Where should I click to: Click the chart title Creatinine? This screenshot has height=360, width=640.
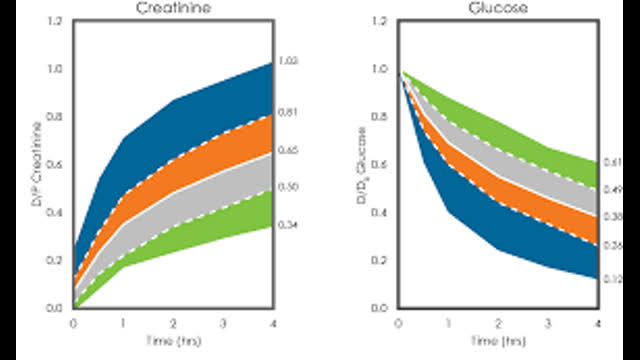(x=173, y=8)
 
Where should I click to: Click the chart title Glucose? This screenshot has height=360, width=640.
(x=498, y=8)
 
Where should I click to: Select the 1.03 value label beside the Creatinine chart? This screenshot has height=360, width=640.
(x=287, y=62)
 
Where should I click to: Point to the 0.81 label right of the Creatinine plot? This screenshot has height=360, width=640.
(x=287, y=114)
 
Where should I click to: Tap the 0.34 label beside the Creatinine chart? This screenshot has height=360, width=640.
(x=287, y=226)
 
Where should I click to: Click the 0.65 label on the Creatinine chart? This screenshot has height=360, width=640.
(x=287, y=151)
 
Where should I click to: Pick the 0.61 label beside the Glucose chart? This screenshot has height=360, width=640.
(x=612, y=162)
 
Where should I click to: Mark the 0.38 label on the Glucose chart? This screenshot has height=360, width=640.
(x=612, y=216)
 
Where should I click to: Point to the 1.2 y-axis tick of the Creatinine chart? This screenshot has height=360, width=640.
(x=52, y=21)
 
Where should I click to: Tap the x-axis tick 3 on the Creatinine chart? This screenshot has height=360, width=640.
(x=223, y=323)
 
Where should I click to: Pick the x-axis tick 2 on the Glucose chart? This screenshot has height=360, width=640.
(x=498, y=323)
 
